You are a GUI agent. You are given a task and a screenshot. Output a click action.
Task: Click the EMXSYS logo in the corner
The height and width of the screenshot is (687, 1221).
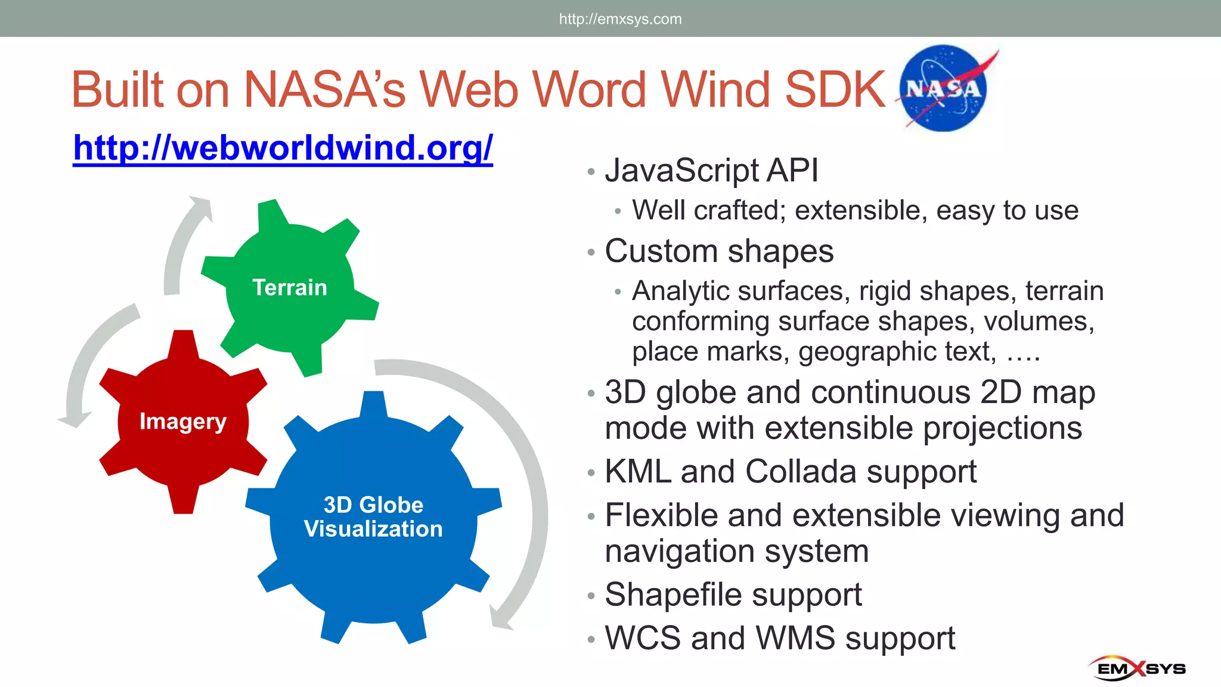pos(1138,668)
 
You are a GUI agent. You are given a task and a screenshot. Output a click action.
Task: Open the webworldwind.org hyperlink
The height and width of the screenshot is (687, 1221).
pos(283,147)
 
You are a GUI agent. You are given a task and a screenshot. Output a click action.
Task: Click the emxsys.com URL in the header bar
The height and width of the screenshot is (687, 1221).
pos(620,19)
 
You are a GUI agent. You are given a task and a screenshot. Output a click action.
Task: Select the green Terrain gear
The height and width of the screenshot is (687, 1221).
pos(290,287)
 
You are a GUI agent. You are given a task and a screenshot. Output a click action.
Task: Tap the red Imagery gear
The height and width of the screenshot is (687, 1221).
pos(183,421)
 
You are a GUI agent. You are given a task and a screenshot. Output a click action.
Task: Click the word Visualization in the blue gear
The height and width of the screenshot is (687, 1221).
pos(373,529)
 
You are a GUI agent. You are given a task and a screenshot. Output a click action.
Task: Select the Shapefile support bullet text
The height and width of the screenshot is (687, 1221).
pos(733,595)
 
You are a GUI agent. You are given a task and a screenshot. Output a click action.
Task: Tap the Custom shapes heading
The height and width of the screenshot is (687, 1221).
pos(719,251)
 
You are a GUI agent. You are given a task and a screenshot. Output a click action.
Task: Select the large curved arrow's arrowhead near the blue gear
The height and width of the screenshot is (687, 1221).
pos(500,617)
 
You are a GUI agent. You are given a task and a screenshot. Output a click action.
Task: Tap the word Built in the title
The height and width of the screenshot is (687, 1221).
pos(117,89)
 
